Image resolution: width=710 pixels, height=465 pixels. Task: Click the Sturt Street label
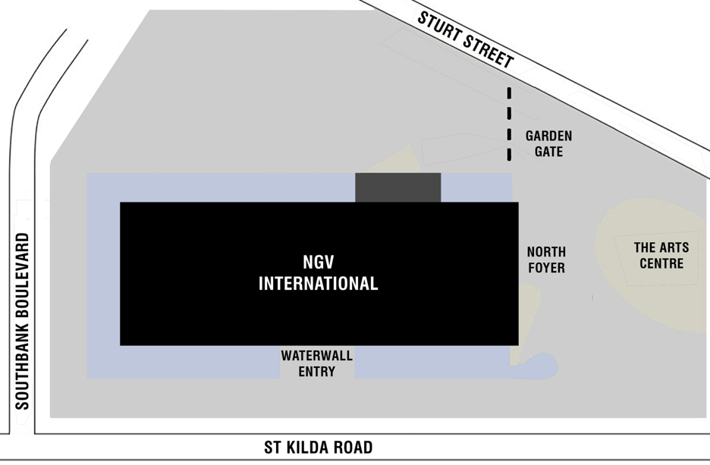466,40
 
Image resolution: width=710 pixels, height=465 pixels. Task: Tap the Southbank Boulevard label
22,321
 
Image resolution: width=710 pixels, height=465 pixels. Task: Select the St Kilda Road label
319,448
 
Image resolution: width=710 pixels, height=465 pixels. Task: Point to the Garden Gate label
549,143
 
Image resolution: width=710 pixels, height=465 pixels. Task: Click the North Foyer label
546,259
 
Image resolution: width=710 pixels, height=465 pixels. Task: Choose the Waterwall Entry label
317,363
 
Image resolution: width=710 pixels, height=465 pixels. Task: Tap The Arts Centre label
661,256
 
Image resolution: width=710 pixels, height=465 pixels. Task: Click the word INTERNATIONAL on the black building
319,284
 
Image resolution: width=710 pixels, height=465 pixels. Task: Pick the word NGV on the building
319,262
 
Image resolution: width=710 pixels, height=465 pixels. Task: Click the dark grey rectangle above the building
398,187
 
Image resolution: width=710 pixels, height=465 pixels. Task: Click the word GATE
549,151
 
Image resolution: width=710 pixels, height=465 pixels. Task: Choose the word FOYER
546,268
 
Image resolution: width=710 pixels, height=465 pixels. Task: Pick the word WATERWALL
317,355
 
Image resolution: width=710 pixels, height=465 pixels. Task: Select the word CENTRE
661,264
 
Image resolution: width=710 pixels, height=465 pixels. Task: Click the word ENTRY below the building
317,372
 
